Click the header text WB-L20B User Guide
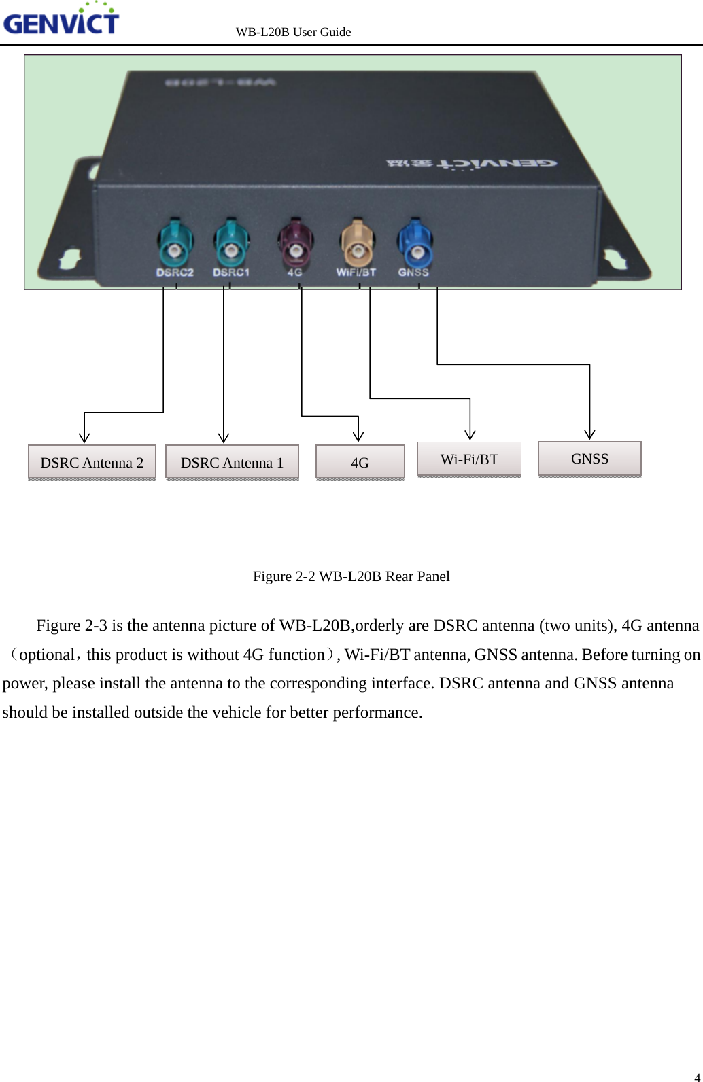(293, 32)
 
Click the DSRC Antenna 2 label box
(92, 463)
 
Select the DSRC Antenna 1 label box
(232, 463)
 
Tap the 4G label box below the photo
(360, 463)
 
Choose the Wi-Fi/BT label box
(469, 459)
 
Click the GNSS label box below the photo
(589, 459)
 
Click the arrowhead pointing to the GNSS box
(589, 435)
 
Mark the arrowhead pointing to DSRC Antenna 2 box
(84, 438)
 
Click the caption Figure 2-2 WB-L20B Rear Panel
(351, 576)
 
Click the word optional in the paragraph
(47, 655)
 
